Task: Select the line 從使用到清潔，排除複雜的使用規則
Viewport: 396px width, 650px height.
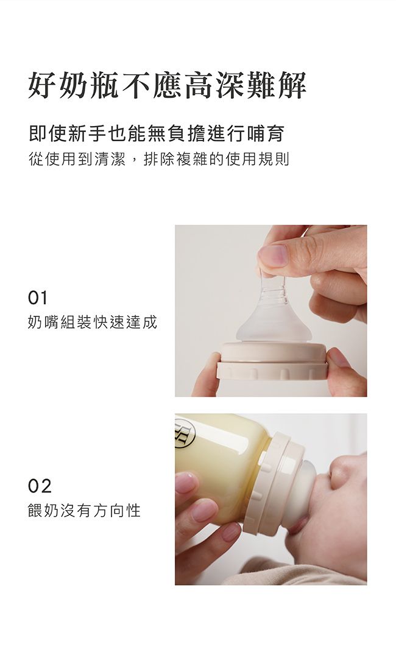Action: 158,160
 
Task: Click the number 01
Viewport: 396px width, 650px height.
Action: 38,298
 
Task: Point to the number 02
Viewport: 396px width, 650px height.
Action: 40,486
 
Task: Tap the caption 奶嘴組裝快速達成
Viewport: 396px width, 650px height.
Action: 92,323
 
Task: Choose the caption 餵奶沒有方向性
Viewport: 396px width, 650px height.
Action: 84,511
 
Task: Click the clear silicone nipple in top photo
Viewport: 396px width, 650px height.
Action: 274,316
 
